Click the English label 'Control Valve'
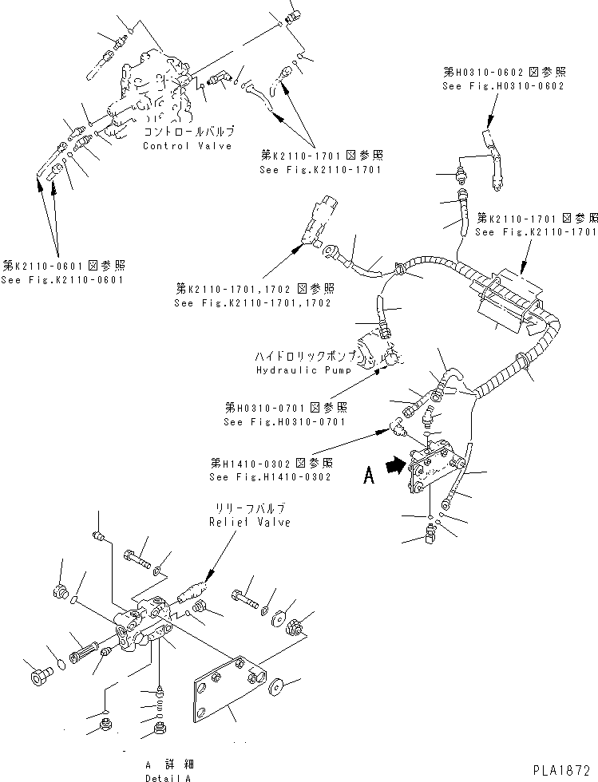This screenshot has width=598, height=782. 187,146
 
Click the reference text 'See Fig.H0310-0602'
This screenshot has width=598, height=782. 504,85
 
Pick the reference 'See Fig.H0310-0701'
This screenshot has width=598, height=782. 284,422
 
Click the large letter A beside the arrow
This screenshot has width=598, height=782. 368,476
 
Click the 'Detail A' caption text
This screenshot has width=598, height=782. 168,776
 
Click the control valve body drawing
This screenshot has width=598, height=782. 156,92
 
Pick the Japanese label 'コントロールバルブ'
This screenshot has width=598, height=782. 188,131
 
